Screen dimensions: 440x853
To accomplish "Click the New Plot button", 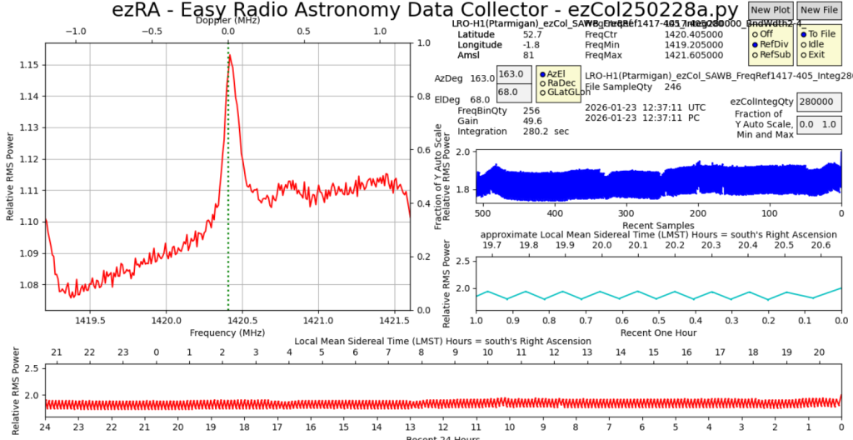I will tap(770, 10).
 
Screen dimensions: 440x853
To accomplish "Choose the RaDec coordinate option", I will tap(542, 83).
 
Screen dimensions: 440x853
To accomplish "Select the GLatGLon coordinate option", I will tap(542, 93).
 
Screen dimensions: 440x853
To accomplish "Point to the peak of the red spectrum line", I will tap(229, 56).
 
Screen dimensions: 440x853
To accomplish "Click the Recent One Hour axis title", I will tap(658, 332).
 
